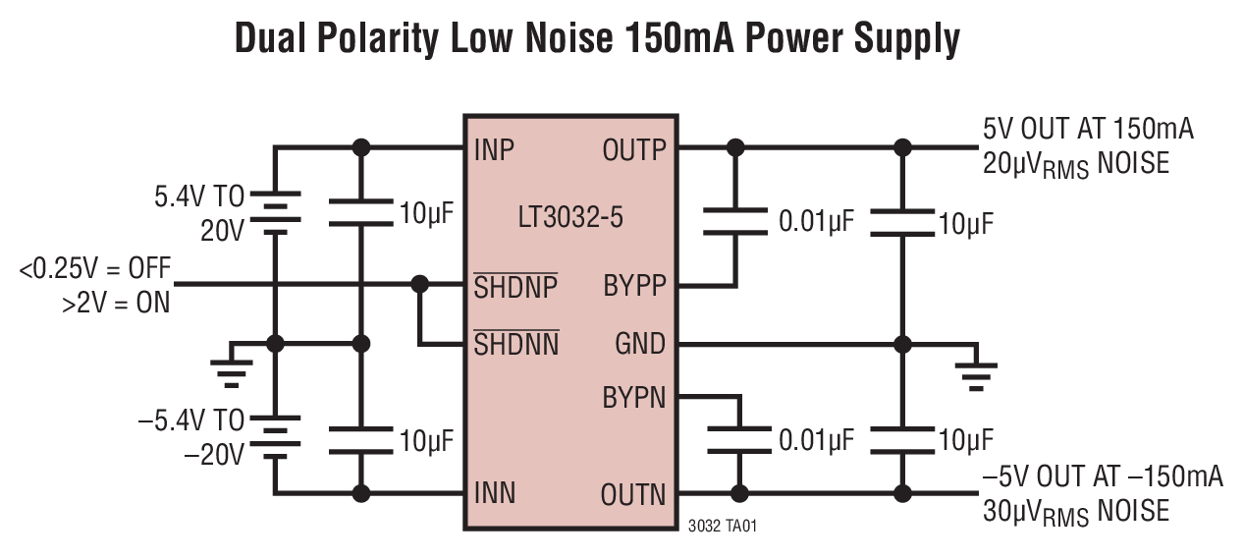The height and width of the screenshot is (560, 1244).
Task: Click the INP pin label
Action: [x=494, y=150]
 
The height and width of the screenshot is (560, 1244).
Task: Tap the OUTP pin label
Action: [x=633, y=150]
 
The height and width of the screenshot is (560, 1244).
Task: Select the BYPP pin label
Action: [x=634, y=286]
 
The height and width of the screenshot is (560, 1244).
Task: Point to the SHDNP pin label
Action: [x=515, y=287]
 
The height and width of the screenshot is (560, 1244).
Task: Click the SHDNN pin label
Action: [x=515, y=345]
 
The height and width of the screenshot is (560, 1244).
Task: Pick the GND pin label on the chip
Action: [x=639, y=345]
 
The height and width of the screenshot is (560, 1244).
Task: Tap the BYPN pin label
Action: [x=633, y=398]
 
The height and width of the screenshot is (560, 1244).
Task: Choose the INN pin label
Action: [x=494, y=492]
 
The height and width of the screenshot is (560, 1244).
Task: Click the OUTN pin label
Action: [x=633, y=493]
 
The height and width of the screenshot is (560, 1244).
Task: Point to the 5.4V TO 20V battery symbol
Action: [x=275, y=211]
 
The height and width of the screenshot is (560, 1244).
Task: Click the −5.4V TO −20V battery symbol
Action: [x=275, y=437]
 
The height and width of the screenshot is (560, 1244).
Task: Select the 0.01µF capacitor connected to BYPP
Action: [x=734, y=221]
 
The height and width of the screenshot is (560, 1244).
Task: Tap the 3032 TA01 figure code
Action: [x=723, y=527]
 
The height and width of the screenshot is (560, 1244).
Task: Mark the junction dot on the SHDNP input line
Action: [x=420, y=285]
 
